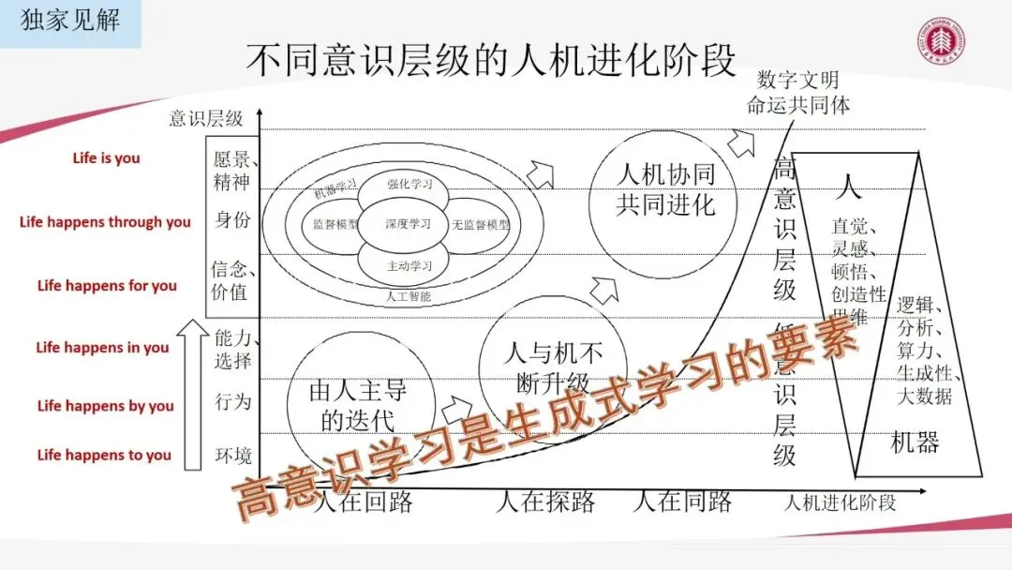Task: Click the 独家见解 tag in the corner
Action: (x=70, y=22)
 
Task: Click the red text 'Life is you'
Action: (x=106, y=157)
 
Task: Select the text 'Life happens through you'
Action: (x=105, y=222)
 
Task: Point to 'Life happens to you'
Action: (x=104, y=455)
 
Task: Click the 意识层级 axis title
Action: (x=205, y=118)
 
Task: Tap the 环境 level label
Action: (x=232, y=456)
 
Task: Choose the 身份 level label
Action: (x=232, y=220)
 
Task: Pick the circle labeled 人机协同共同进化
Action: (x=666, y=190)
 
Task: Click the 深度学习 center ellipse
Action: (x=409, y=224)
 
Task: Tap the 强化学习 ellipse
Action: (x=409, y=184)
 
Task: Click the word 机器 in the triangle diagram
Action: (x=915, y=442)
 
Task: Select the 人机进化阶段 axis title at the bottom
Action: (x=841, y=502)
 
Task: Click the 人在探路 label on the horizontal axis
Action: (x=545, y=502)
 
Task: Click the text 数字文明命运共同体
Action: (x=798, y=92)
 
